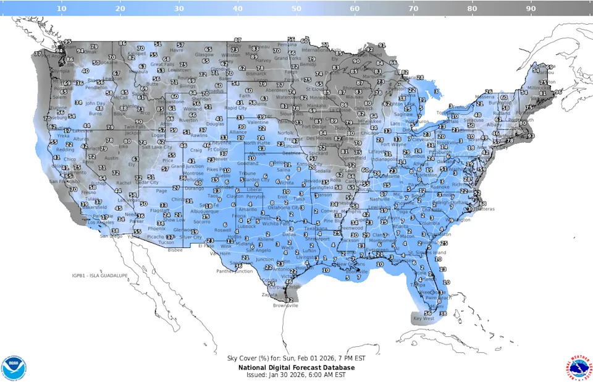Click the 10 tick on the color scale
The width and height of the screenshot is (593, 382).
[62, 9]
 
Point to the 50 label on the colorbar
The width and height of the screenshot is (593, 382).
[296, 9]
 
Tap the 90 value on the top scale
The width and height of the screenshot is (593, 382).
[530, 9]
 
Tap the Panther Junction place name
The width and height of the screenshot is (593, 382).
[235, 271]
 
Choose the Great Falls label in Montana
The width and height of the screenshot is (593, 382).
[162, 64]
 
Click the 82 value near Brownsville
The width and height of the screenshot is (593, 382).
[289, 300]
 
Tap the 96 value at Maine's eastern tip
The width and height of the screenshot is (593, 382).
[558, 91]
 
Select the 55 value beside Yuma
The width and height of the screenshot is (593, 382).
[137, 232]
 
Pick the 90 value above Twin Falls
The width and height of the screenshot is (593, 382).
[138, 122]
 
